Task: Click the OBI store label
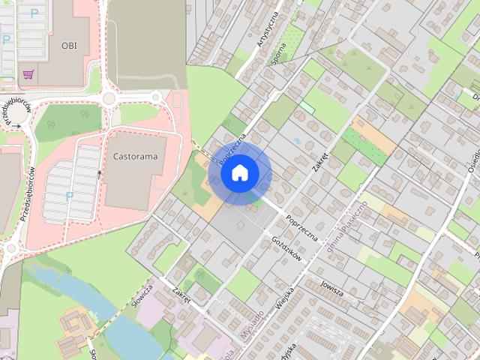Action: (x=69, y=45)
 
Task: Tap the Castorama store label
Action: (x=135, y=157)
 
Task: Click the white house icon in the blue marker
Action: (x=240, y=172)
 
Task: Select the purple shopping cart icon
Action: (x=29, y=74)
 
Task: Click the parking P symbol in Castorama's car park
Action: (x=70, y=196)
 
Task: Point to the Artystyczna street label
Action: (x=268, y=30)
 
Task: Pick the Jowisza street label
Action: (x=330, y=288)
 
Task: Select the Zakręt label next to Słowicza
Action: (x=181, y=296)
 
